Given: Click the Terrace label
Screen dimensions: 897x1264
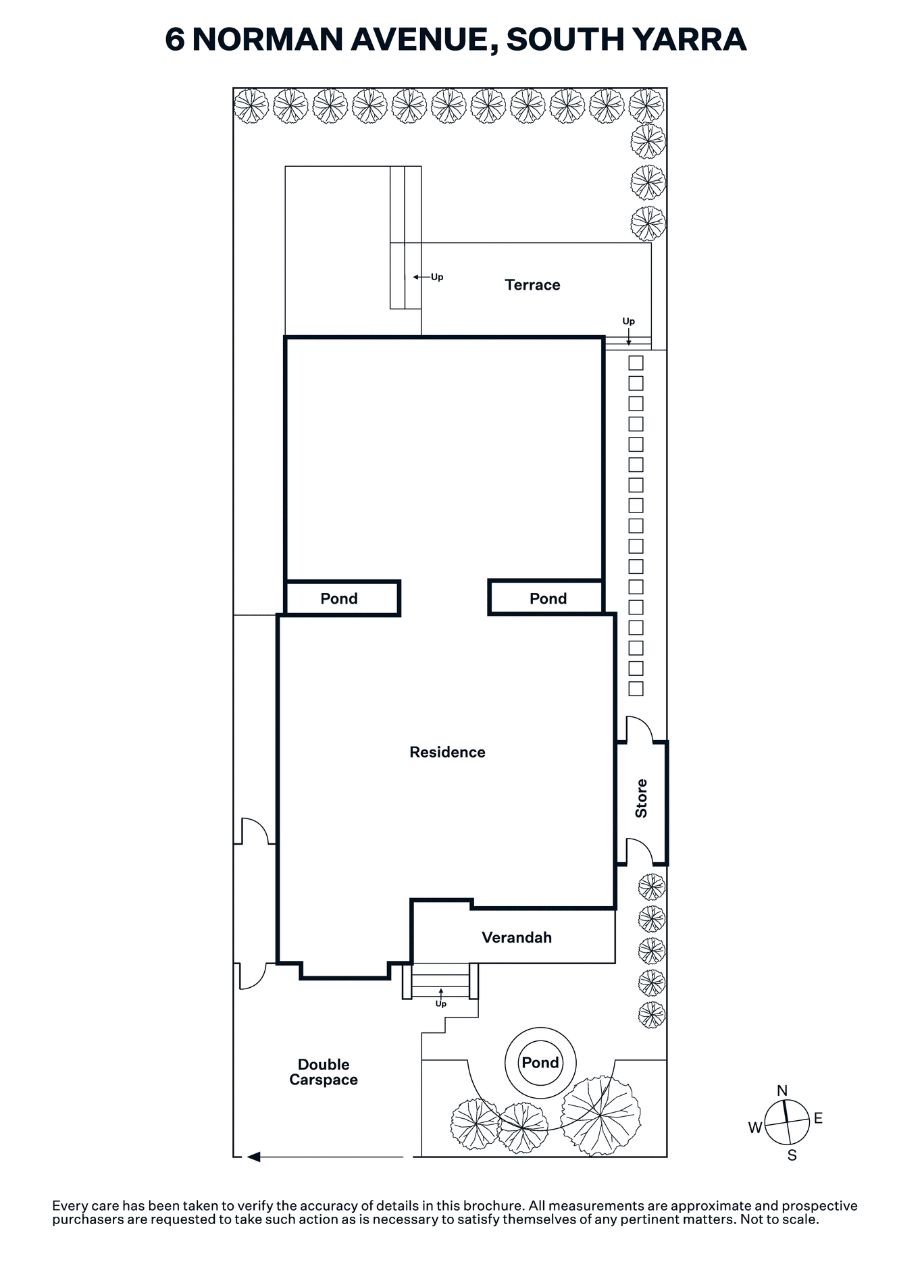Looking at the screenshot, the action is [532, 285].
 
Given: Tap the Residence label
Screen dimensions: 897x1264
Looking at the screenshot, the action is [447, 752].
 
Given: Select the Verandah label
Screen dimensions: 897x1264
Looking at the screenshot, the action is [517, 937].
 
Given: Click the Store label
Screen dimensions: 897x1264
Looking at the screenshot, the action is [641, 798].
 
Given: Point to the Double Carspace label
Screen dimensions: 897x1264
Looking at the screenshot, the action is [324, 1072].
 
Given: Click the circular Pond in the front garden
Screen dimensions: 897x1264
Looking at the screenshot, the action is [540, 1063].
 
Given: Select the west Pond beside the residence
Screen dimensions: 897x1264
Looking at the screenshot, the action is [342, 598].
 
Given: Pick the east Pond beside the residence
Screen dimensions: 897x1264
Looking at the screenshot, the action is [546, 598].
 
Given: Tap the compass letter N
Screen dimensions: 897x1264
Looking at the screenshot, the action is [782, 1090].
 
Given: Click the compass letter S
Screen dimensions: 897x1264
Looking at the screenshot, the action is [792, 1155].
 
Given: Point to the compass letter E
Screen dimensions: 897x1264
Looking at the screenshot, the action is [818, 1118].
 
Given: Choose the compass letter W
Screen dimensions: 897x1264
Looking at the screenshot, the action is [755, 1127].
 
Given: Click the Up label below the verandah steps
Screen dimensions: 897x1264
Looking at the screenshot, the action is [441, 1004].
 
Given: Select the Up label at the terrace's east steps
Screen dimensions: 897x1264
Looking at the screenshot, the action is [629, 321].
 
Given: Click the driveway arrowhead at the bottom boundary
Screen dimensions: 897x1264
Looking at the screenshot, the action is [253, 1157].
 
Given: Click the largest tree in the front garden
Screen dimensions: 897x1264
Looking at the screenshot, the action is [600, 1115].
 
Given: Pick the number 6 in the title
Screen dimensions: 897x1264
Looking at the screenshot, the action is [174, 39].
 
